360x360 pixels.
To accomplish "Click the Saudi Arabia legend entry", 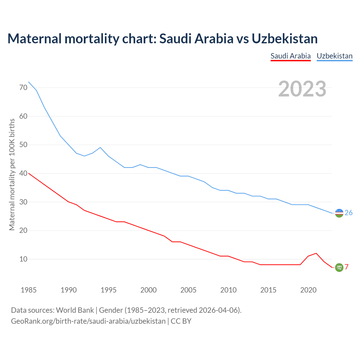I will [x=291, y=56].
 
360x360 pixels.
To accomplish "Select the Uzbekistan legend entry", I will [x=334, y=56].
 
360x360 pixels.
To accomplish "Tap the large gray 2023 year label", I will [x=302, y=89].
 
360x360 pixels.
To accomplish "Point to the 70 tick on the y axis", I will [x=23, y=87].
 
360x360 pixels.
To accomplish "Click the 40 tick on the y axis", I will [x=23, y=173].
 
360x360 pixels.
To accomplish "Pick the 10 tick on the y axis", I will [x=23, y=259].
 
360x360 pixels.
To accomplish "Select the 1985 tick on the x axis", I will [x=29, y=290].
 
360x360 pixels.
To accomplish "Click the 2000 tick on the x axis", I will [x=148, y=290].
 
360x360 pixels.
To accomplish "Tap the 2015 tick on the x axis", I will [x=268, y=290].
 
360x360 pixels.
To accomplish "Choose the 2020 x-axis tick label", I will [x=308, y=290].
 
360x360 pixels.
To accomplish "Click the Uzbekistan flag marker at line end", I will [x=339, y=213].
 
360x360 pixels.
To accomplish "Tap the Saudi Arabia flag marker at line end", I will [x=339, y=267].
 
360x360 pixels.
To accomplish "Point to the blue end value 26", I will [x=348, y=213].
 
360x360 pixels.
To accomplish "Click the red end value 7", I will [x=347, y=267].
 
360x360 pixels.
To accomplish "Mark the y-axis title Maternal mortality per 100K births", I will [x=12, y=174].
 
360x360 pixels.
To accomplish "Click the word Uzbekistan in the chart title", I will [x=285, y=39].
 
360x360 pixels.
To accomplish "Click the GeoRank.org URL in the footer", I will [x=88, y=321].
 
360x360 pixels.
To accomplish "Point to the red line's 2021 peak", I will [x=316, y=253].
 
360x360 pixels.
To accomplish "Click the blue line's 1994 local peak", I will [x=100, y=147].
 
